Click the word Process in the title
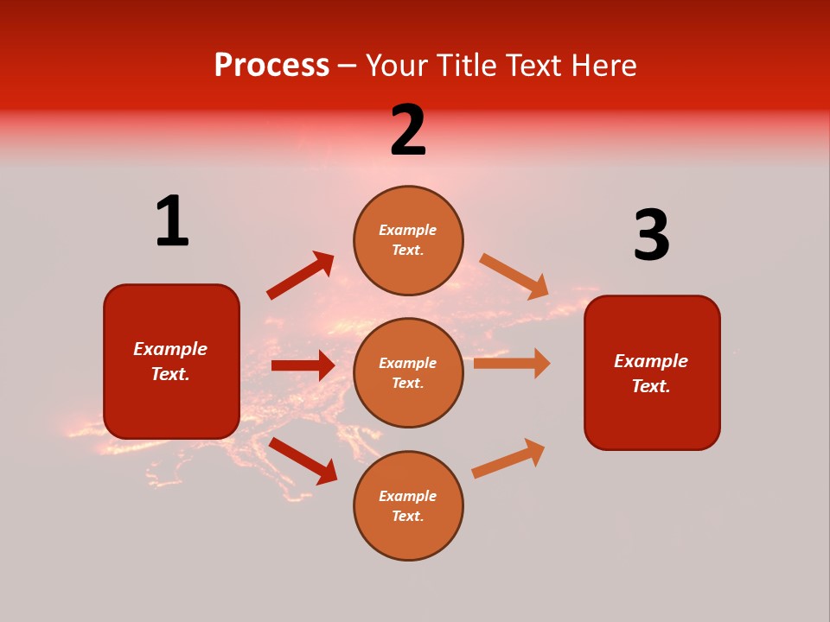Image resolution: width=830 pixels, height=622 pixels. (x=271, y=66)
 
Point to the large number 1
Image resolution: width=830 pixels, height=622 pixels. (x=172, y=222)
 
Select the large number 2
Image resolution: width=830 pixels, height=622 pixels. (x=408, y=131)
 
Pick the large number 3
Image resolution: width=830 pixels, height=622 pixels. (x=651, y=236)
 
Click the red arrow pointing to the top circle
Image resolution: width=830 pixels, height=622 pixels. (x=300, y=276)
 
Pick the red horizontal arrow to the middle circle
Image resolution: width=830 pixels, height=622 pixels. (x=303, y=365)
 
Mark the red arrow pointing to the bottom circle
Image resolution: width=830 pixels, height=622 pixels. (x=303, y=460)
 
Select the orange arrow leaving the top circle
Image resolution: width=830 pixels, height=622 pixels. (x=514, y=276)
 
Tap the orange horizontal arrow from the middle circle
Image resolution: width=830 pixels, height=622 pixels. (x=512, y=363)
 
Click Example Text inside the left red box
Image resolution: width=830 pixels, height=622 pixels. (x=170, y=361)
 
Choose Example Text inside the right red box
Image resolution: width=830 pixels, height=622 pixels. (x=651, y=373)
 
